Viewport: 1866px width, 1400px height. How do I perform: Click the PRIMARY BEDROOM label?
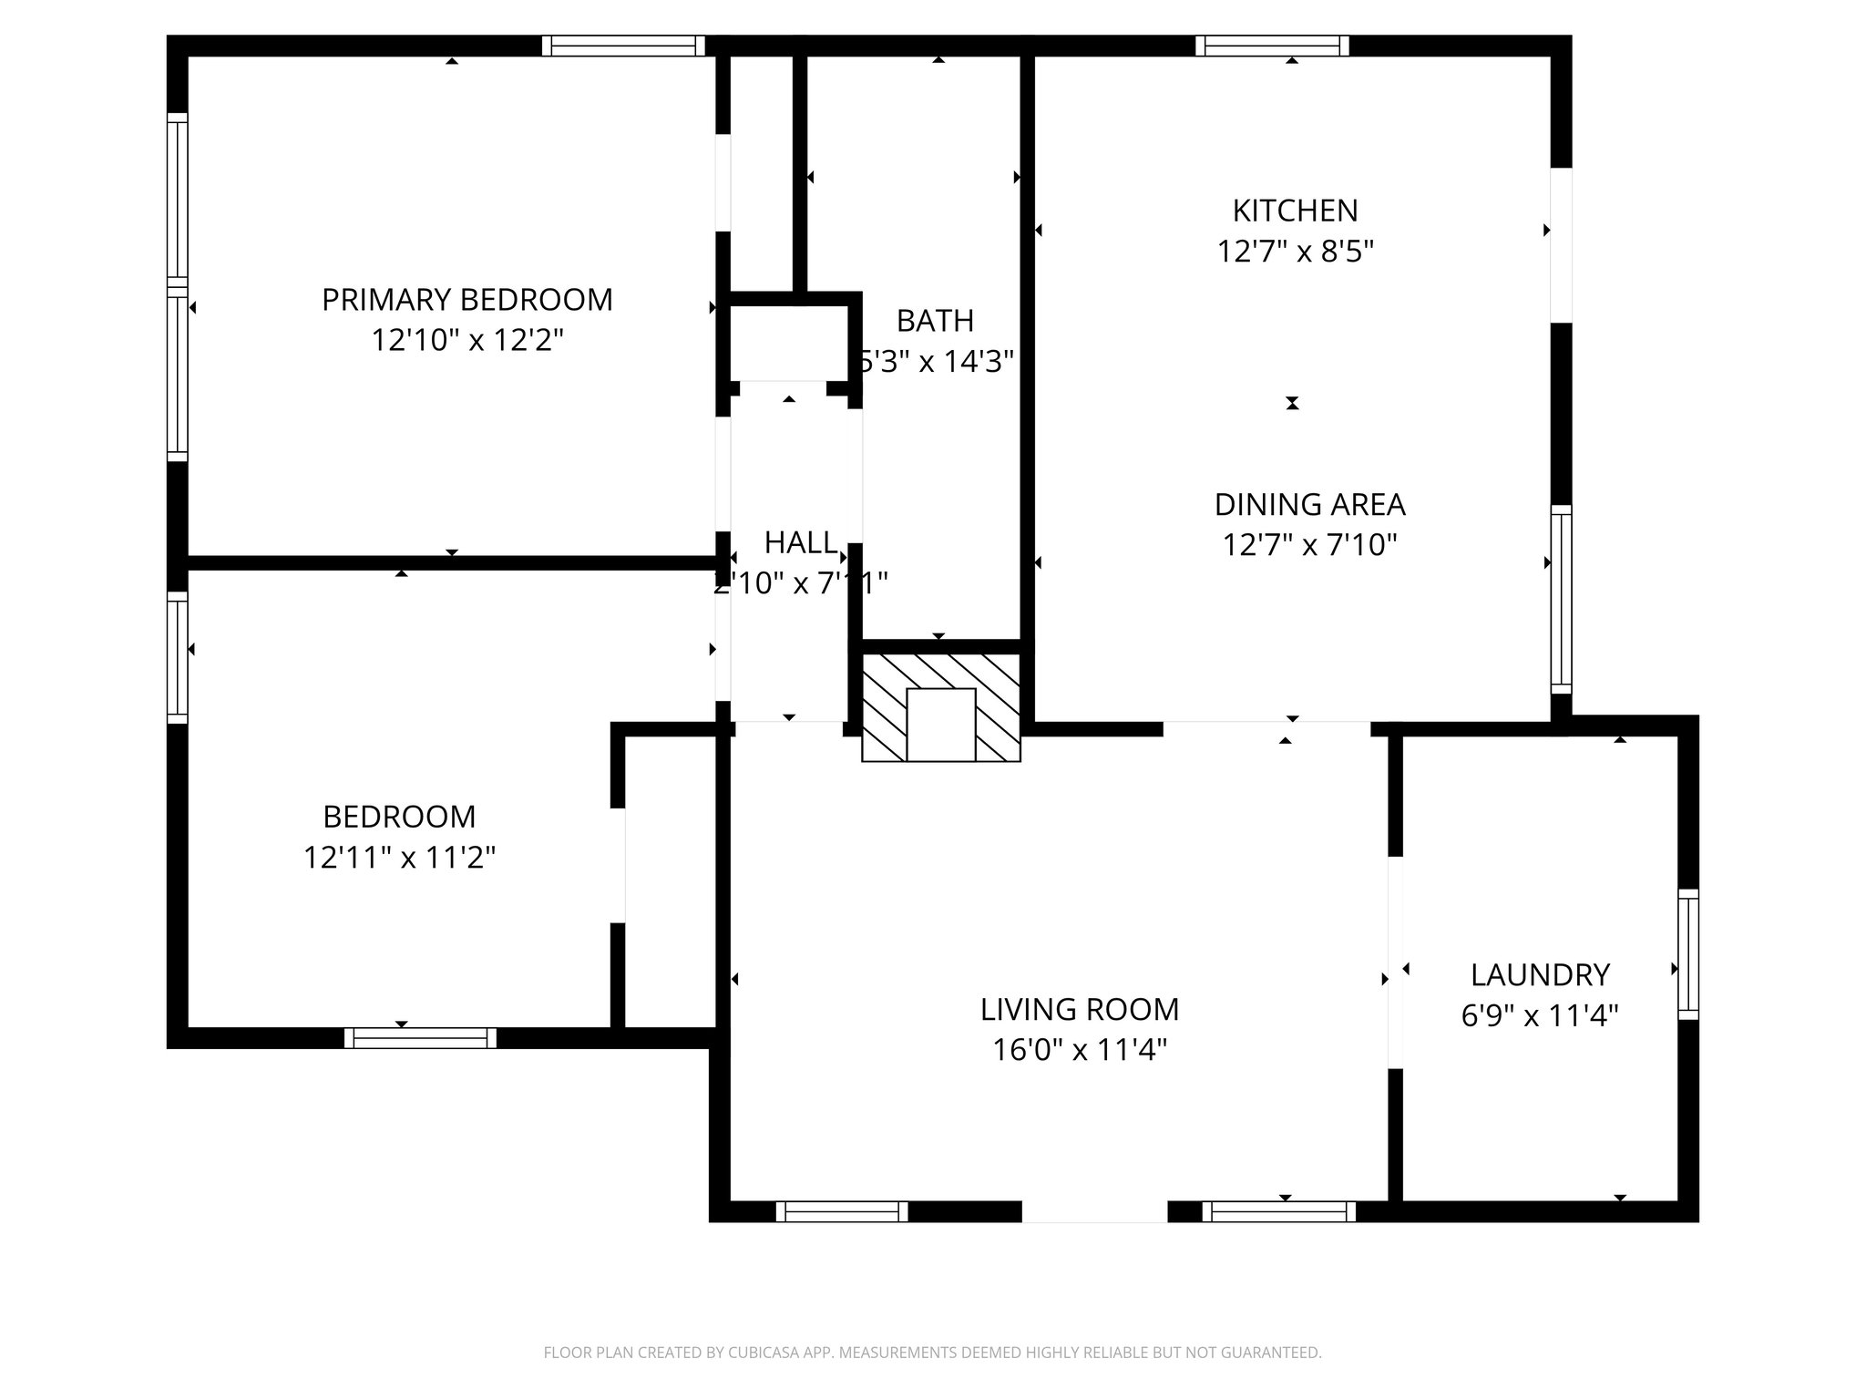tap(466, 300)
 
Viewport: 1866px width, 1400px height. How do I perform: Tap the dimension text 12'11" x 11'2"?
tap(399, 858)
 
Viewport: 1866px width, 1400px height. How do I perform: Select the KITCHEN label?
tap(1295, 211)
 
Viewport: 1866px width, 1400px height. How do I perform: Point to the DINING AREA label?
tap(1309, 504)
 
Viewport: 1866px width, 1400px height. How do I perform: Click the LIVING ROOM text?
tap(1080, 1009)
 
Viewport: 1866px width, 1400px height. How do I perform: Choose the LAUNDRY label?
tap(1540, 974)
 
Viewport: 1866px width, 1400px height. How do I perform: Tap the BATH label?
tap(935, 321)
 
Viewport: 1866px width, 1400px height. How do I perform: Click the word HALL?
tap(799, 542)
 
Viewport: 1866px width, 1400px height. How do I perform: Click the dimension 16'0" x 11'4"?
tap(1080, 1050)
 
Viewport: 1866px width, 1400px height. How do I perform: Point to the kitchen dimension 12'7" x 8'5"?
tap(1295, 251)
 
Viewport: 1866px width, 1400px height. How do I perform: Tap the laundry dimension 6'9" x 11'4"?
tap(1540, 1015)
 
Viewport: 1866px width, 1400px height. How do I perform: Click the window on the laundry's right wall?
tap(1688, 954)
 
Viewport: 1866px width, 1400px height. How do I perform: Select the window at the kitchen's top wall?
tap(1272, 46)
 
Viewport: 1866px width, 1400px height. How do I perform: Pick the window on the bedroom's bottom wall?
tap(420, 1037)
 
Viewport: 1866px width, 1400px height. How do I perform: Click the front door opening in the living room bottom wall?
tap(1094, 1211)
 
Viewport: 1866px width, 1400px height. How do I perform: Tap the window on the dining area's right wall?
tap(1561, 599)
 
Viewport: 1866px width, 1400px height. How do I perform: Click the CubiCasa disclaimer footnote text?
tap(932, 1353)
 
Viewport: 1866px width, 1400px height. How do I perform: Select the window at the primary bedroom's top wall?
tap(623, 46)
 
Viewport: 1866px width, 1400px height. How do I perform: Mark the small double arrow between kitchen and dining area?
tap(1292, 403)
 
